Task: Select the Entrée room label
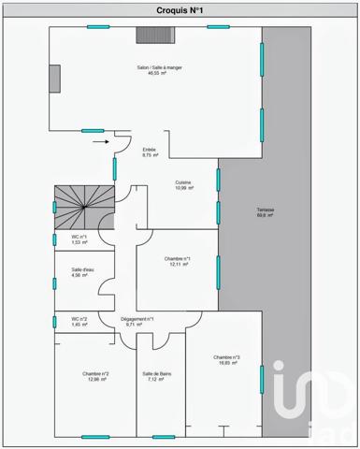pyautogui.click(x=149, y=151)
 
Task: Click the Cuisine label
pyautogui.click(x=184, y=183)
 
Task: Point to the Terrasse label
pyautogui.click(x=265, y=210)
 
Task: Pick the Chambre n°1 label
pyautogui.click(x=177, y=259)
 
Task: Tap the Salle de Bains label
pyautogui.click(x=158, y=375)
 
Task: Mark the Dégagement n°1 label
pyautogui.click(x=137, y=319)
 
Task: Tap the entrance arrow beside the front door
pyautogui.click(x=100, y=143)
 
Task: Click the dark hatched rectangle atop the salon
pyautogui.click(x=150, y=35)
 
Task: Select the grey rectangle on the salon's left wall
pyautogui.click(x=55, y=77)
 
